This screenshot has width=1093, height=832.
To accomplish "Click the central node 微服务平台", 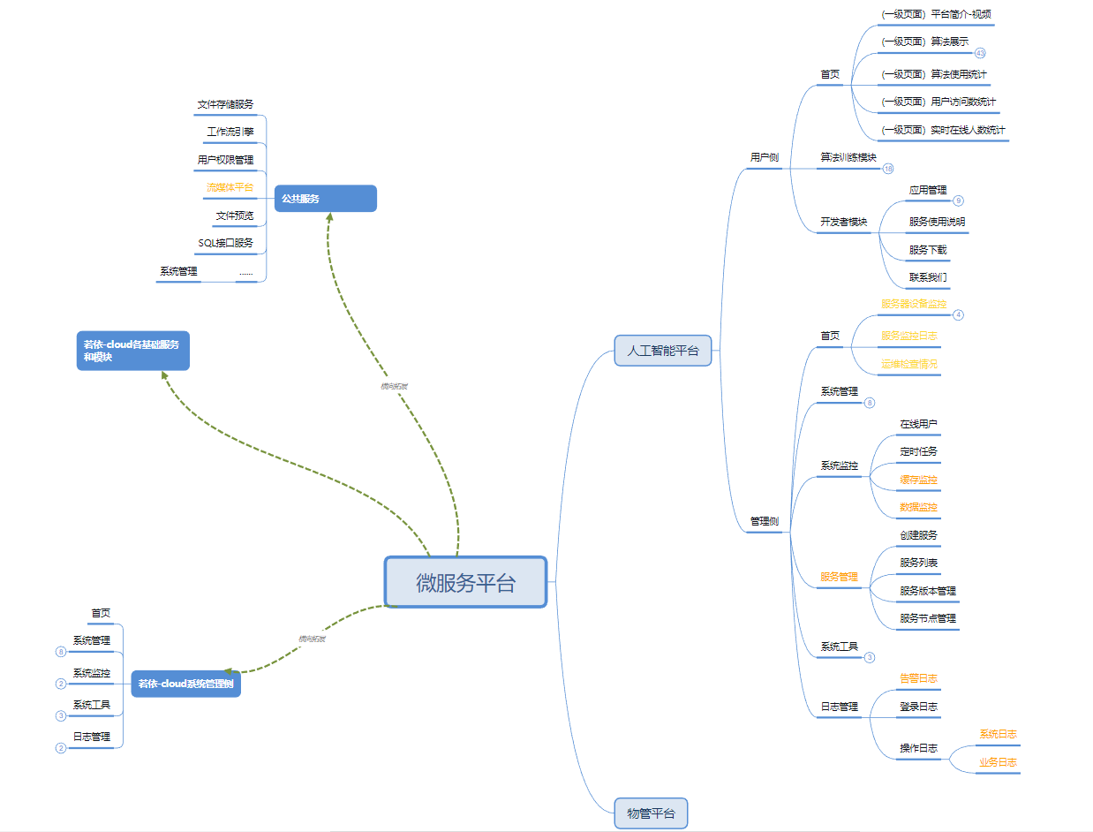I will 465,582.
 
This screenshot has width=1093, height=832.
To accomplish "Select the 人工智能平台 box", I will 662,351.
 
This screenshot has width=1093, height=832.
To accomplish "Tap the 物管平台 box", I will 650,813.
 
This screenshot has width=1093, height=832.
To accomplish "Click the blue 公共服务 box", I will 325,199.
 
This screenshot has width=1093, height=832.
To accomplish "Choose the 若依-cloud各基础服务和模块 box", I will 132,351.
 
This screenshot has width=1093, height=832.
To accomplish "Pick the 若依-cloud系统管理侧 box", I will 185,684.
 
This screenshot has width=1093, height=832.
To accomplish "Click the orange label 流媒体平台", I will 230,187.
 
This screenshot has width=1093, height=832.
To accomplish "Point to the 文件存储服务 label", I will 225,104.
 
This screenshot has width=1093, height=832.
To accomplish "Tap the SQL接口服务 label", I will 225,242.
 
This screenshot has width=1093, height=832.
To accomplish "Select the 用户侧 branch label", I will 765,157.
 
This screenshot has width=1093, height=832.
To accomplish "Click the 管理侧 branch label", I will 765,521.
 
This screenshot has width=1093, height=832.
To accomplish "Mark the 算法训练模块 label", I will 848,157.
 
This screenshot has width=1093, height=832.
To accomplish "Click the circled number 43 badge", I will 980,53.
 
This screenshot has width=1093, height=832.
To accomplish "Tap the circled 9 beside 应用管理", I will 959,200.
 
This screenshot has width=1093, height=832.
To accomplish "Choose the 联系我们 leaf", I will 928,277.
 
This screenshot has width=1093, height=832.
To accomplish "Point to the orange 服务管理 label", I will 839,577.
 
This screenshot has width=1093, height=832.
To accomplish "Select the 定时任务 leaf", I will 919,451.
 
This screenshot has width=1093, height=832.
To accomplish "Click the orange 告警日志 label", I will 918,678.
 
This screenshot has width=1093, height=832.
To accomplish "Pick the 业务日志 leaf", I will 998,761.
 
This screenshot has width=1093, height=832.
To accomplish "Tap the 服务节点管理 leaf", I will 928,618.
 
